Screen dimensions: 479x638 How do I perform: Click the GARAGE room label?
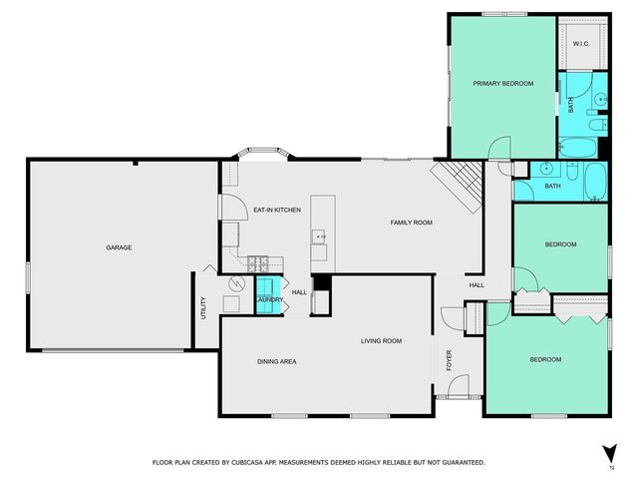tap(120, 247)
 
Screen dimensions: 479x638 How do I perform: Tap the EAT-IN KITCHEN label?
tap(277, 210)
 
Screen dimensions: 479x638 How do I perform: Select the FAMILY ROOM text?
tap(411, 222)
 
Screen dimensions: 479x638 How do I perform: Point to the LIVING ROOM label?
tap(381, 341)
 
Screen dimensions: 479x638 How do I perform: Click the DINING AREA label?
tap(277, 361)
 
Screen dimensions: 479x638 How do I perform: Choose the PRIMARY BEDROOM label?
tap(502, 84)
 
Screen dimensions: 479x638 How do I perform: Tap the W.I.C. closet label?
tap(581, 43)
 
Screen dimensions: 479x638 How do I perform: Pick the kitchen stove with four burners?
tap(257, 263)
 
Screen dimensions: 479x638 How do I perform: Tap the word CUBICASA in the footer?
tap(254, 462)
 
